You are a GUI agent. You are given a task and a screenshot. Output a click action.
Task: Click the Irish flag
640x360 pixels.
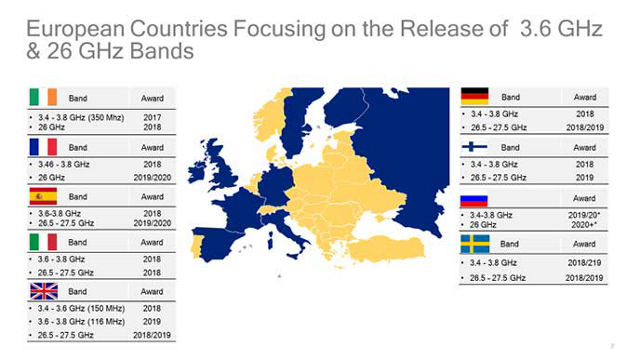[43, 98]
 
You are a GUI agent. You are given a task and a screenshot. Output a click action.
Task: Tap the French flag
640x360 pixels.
[43, 146]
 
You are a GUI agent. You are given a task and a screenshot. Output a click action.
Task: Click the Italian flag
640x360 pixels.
[43, 242]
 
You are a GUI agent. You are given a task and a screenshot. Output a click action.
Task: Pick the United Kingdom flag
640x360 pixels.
[43, 290]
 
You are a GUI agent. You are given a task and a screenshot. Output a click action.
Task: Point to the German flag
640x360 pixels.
[474, 97]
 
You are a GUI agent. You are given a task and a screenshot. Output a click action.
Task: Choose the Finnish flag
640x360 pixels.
[474, 146]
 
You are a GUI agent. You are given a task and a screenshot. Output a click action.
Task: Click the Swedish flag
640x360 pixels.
[474, 243]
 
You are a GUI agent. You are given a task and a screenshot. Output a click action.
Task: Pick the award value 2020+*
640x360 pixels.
[585, 225]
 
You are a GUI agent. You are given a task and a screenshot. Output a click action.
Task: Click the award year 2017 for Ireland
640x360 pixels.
[152, 116]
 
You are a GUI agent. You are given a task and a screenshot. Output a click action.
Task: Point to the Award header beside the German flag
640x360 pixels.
[584, 97]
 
